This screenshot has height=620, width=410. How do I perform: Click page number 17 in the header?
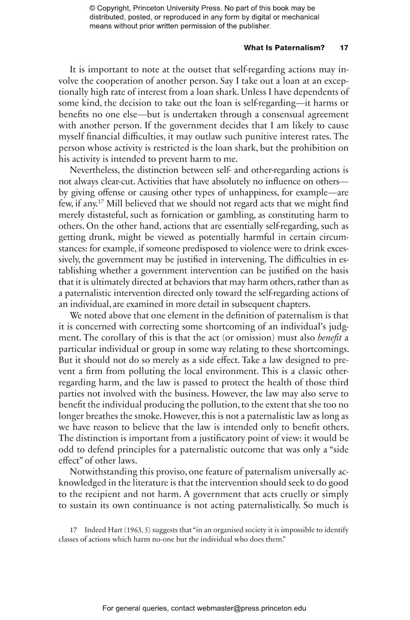(344, 48)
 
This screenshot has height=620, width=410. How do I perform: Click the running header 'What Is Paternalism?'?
(284, 48)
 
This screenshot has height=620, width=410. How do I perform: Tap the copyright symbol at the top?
(92, 8)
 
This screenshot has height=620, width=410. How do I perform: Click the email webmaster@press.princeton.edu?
(251, 608)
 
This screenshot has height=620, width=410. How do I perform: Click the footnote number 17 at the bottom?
(74, 530)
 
